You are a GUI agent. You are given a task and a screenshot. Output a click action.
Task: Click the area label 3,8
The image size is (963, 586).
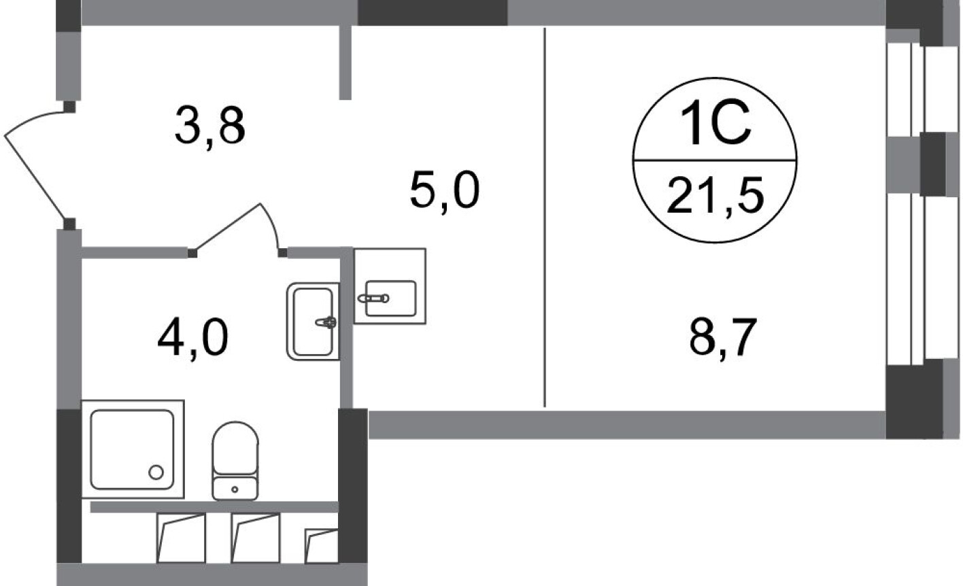[209, 126]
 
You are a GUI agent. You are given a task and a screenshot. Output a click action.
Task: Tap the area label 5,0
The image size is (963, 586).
[445, 190]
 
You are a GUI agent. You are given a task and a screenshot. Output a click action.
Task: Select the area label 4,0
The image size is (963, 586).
[192, 339]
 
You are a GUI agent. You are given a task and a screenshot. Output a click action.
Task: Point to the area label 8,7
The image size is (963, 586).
[722, 339]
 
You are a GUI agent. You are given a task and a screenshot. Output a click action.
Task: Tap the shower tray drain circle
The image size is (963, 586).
[156, 472]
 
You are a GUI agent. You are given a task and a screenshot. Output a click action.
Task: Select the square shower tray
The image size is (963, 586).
[132, 449]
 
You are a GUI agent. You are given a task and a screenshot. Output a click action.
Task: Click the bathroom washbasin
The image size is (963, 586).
[313, 321]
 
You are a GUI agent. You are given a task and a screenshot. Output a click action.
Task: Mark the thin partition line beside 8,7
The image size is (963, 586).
[545, 218]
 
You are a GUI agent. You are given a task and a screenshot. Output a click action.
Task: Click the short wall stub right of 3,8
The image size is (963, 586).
[345, 63]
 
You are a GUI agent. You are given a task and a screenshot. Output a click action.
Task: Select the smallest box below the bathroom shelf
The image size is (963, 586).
[322, 546]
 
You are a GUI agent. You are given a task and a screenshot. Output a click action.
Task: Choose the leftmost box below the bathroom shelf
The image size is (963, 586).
[181, 538]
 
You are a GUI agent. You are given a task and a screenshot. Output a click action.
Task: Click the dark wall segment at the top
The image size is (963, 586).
[433, 12]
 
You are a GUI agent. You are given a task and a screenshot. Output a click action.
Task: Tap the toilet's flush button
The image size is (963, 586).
[235, 488]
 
